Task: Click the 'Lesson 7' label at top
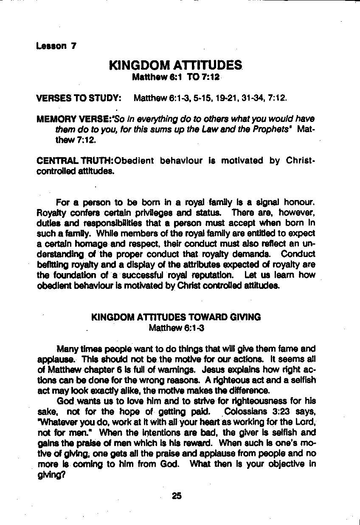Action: [x=56, y=46]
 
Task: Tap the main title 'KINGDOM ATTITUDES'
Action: [x=175, y=66]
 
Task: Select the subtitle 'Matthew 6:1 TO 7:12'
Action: [x=175, y=77]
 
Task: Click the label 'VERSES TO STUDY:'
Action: [x=79, y=99]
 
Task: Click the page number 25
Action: [x=177, y=496]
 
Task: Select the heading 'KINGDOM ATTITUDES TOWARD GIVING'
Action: [x=176, y=317]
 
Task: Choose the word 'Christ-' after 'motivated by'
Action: [x=301, y=161]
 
